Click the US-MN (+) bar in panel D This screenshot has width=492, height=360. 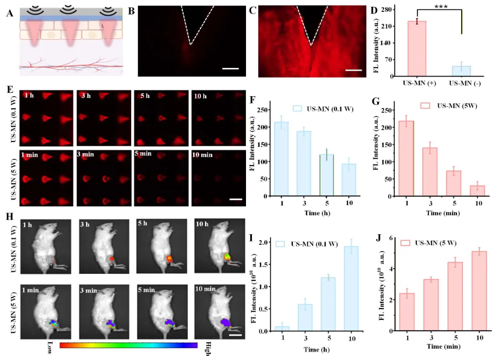coord(417,49)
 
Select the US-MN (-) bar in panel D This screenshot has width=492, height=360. coord(461,71)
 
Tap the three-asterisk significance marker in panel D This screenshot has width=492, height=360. coord(441,6)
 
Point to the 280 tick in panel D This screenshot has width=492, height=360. coord(386,10)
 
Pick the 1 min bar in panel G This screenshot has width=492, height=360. coord(407,159)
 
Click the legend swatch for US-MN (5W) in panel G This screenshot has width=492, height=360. coord(425,105)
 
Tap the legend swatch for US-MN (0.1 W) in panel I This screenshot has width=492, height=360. coord(280,244)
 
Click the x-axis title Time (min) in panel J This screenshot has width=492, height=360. coord(444,346)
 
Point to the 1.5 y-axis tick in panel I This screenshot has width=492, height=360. coord(264,264)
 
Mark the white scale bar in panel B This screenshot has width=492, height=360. coord(231,68)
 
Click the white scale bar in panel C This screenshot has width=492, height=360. coord(354,70)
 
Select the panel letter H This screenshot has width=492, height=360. coord(10,216)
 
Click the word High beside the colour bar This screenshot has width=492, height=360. coord(207,349)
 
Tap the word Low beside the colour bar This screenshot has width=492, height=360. coord(50,347)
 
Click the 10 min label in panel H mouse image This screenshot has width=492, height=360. coord(205,288)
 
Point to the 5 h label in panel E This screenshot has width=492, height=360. coord(145,95)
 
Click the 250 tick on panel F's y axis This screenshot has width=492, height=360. coord(263,110)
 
